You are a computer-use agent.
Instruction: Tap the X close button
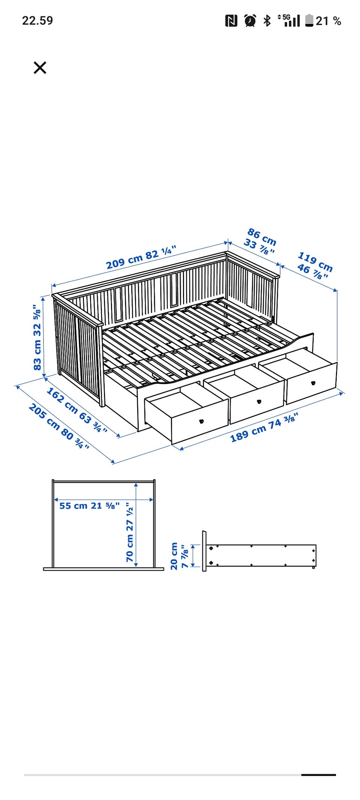pyautogui.click(x=40, y=68)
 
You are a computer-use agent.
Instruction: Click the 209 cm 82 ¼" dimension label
pyautogui.click(x=141, y=257)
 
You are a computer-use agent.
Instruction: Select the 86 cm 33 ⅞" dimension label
pyautogui.click(x=260, y=241)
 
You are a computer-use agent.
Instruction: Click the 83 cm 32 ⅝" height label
pyautogui.click(x=37, y=337)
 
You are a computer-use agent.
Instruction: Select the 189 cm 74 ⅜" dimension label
pyautogui.click(x=264, y=427)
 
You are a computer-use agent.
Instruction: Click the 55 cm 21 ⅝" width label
pyautogui.click(x=89, y=506)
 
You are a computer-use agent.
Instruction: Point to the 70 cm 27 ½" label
pyautogui.click(x=130, y=532)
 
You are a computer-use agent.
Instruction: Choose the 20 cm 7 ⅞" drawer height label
pyautogui.click(x=179, y=556)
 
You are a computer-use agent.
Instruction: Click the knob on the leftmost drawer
pyautogui.click(x=201, y=421)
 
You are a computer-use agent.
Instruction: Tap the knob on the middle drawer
pyautogui.click(x=259, y=402)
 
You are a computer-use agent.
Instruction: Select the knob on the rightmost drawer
pyautogui.click(x=313, y=383)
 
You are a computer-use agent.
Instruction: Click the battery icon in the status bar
pyautogui.click(x=309, y=20)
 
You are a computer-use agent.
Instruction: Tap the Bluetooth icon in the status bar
pyautogui.click(x=267, y=20)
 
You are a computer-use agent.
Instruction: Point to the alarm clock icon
pyautogui.click(x=250, y=20)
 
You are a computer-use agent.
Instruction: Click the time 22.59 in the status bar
pyautogui.click(x=37, y=20)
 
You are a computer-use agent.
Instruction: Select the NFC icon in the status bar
pyautogui.click(x=231, y=21)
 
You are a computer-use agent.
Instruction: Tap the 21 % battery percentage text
pyautogui.click(x=328, y=21)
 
